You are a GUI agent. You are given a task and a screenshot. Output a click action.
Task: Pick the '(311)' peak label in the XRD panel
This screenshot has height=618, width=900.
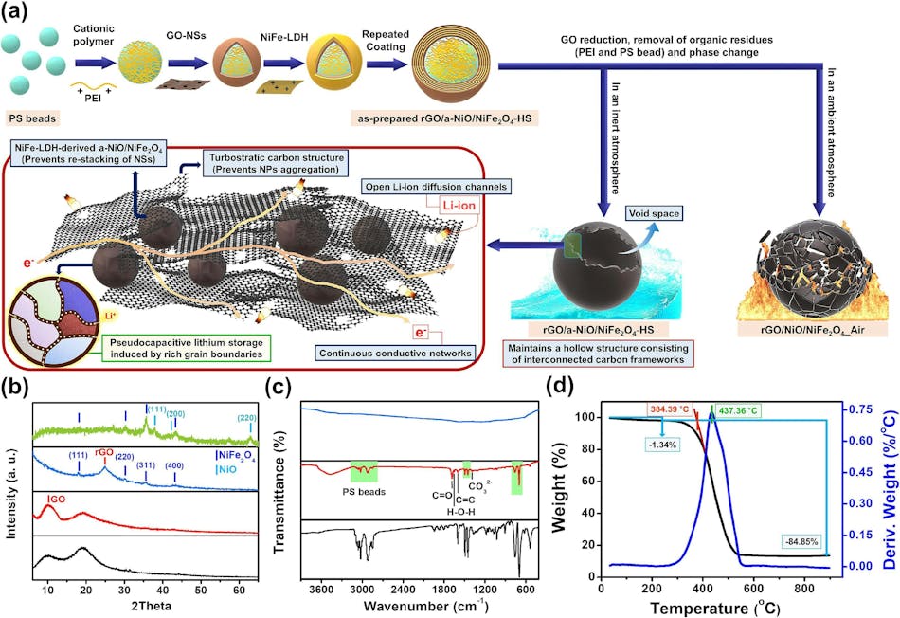147,465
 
